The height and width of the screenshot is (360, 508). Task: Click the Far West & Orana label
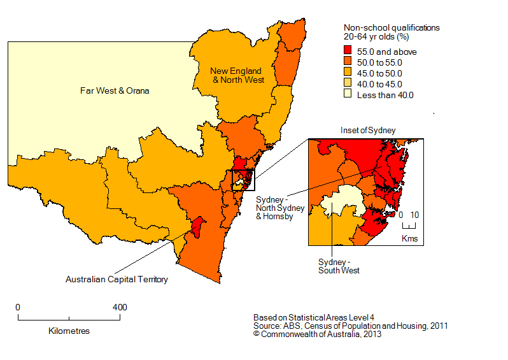click(115, 90)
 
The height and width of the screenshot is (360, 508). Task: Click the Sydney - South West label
click(339, 266)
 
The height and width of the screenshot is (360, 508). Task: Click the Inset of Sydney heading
click(368, 130)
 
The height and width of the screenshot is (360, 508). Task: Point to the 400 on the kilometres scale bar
click(119, 307)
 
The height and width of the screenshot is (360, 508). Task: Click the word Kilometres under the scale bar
click(69, 331)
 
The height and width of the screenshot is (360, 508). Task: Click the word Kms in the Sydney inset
click(409, 238)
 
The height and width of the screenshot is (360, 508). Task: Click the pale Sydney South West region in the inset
click(341, 203)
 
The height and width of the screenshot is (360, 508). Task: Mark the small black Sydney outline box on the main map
click(243, 180)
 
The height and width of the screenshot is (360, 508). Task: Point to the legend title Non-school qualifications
click(392, 28)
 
